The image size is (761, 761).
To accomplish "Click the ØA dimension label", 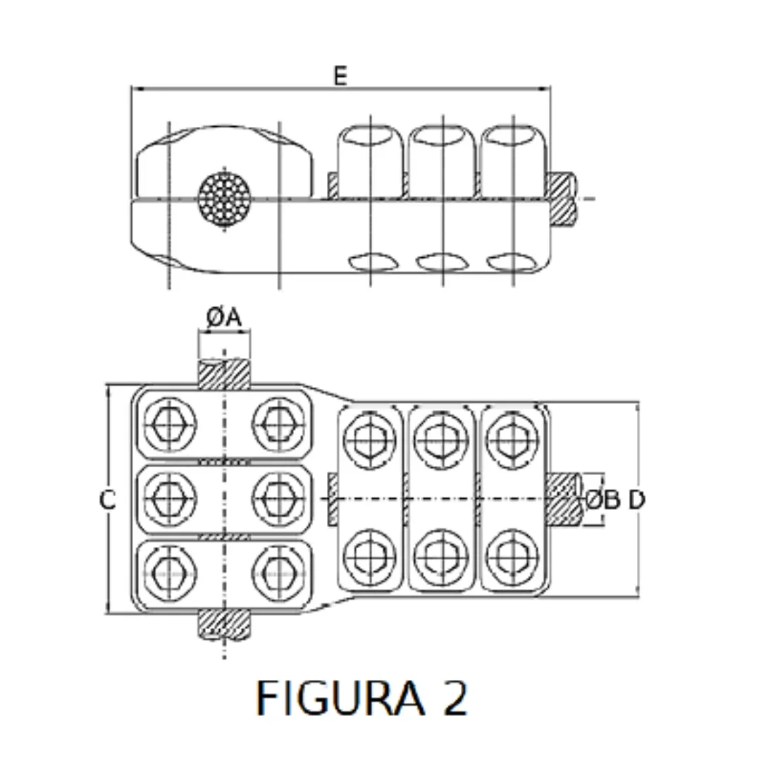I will tap(224, 318).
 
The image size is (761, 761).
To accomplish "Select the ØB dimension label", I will tap(603, 500).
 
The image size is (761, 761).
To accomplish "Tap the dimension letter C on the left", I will tap(107, 500).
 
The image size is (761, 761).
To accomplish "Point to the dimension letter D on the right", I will tap(636, 500).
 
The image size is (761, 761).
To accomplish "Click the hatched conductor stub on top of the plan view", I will tap(224, 373).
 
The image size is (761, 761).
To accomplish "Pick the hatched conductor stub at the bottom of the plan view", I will tap(224, 624).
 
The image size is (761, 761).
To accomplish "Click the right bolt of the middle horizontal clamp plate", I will tap(278, 498).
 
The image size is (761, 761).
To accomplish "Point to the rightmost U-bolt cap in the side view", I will tap(512, 159).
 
